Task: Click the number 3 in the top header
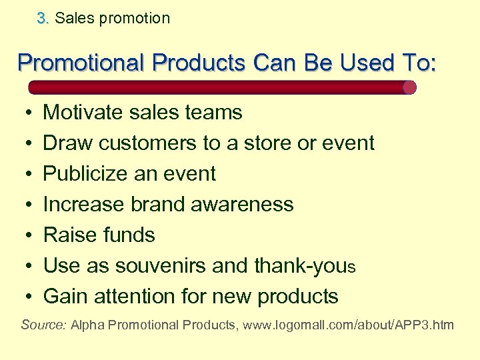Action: coord(42,19)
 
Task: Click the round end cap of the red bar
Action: coord(409,87)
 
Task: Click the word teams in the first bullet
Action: coord(213,113)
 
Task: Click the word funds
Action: coord(130,235)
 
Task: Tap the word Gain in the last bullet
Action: coord(66,297)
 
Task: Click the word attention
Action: coord(141,297)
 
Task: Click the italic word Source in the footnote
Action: coord(43,326)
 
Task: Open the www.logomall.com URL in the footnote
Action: coord(347,326)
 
